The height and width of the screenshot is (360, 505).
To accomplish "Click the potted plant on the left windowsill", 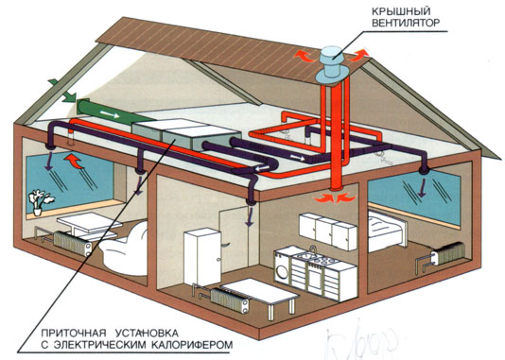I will tap(40, 201).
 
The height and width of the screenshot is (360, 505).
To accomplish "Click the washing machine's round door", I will tap(287, 264).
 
